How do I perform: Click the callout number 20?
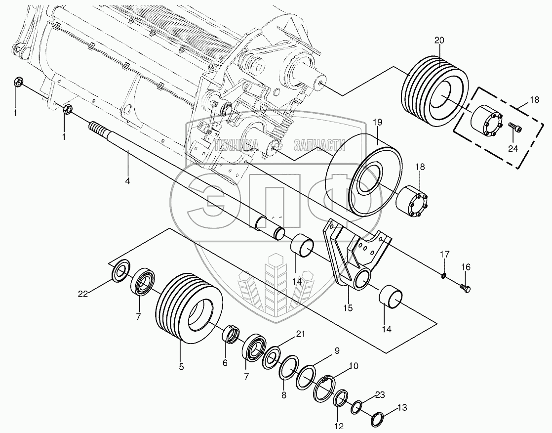click(439, 41)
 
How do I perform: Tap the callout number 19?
click(377, 123)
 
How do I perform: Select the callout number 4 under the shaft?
click(127, 181)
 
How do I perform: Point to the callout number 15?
click(348, 308)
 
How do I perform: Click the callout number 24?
click(513, 148)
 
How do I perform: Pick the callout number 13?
click(402, 408)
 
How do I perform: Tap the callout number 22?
click(83, 294)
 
